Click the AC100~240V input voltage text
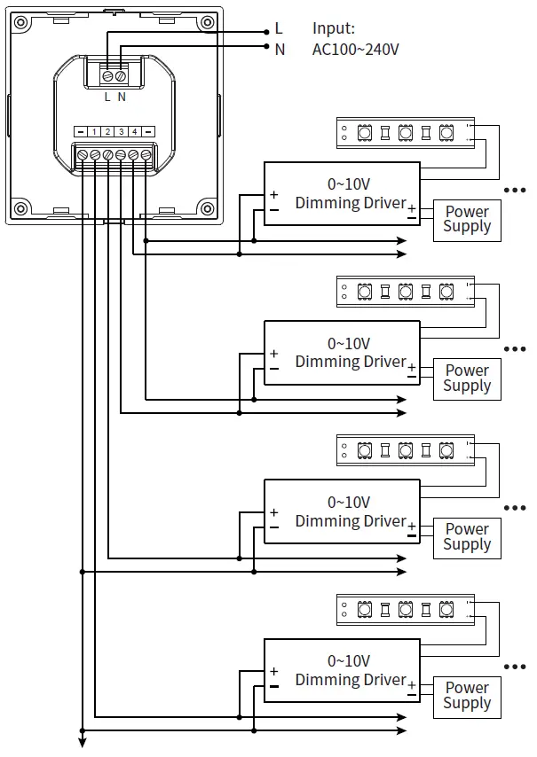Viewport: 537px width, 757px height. click(x=355, y=50)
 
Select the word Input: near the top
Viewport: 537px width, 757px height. click(x=334, y=29)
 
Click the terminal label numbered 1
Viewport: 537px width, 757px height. click(x=94, y=131)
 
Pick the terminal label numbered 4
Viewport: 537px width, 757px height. click(x=134, y=131)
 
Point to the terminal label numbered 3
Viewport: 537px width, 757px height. click(x=121, y=131)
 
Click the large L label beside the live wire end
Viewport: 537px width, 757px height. click(x=279, y=30)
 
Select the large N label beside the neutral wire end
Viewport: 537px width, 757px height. click(x=280, y=50)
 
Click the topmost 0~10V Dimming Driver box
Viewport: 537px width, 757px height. click(x=343, y=193)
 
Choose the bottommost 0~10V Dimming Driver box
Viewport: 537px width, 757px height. click(x=343, y=670)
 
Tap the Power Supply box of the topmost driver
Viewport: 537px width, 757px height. click(x=467, y=220)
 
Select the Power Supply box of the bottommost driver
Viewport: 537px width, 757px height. click(x=467, y=696)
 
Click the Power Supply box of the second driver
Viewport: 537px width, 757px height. click(x=467, y=378)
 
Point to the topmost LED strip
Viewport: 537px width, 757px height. click(x=405, y=133)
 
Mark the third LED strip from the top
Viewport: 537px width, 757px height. click(x=405, y=450)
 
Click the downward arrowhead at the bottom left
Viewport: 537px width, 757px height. click(x=82, y=743)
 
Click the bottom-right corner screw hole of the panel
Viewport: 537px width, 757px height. click(x=205, y=210)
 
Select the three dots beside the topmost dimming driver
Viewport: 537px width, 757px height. click(x=515, y=190)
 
